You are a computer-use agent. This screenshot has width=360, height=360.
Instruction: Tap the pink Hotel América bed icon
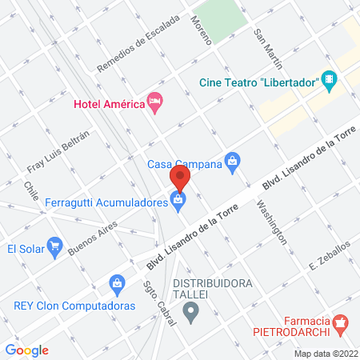[x=154, y=102]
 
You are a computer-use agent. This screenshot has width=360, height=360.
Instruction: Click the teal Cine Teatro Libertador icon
[x=330, y=79]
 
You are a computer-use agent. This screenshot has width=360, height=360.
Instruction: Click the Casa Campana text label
[x=185, y=165]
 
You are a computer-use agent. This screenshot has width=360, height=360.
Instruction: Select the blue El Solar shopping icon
[x=54, y=245]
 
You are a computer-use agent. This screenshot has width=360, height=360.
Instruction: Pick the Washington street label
[x=271, y=220]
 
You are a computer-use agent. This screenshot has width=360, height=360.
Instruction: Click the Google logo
[x=27, y=350]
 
